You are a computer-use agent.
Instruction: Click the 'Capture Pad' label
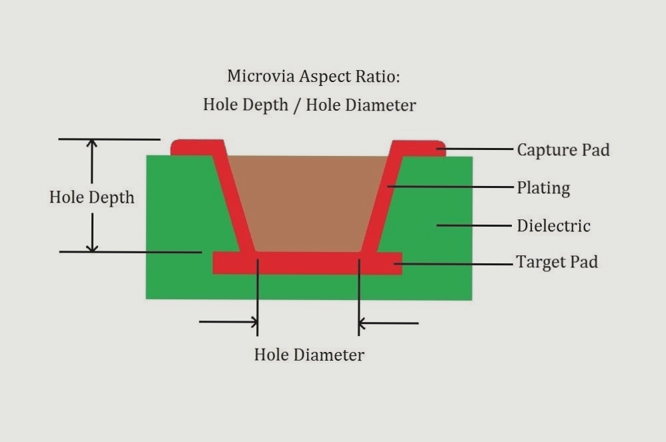point(563,150)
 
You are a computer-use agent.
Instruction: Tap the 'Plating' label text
point(543,188)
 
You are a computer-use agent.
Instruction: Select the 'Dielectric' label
point(553,225)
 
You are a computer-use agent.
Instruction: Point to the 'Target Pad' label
point(557,262)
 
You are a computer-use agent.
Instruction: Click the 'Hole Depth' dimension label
point(91,197)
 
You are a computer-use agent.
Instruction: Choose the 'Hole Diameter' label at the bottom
point(309,355)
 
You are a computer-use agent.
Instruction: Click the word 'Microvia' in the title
point(261,77)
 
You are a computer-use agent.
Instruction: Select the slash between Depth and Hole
point(297,105)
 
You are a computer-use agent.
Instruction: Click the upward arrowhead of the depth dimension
point(91,143)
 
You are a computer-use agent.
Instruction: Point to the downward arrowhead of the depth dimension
point(92,247)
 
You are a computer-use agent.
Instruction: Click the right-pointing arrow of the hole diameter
point(228,322)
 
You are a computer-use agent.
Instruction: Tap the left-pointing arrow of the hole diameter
point(388,323)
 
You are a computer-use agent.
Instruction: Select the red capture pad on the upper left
point(198,147)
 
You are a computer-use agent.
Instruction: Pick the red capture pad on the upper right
point(418,149)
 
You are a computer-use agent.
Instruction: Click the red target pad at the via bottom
point(308,263)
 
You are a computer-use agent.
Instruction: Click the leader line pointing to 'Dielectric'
point(474,225)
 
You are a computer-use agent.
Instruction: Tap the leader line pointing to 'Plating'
point(450,186)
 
